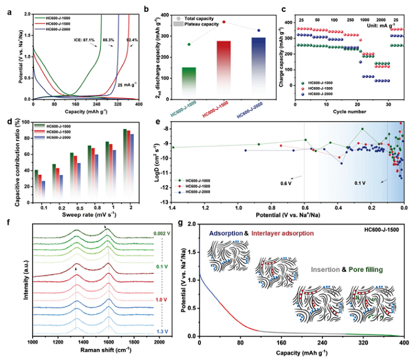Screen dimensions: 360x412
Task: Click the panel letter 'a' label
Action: [x=9, y=8]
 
